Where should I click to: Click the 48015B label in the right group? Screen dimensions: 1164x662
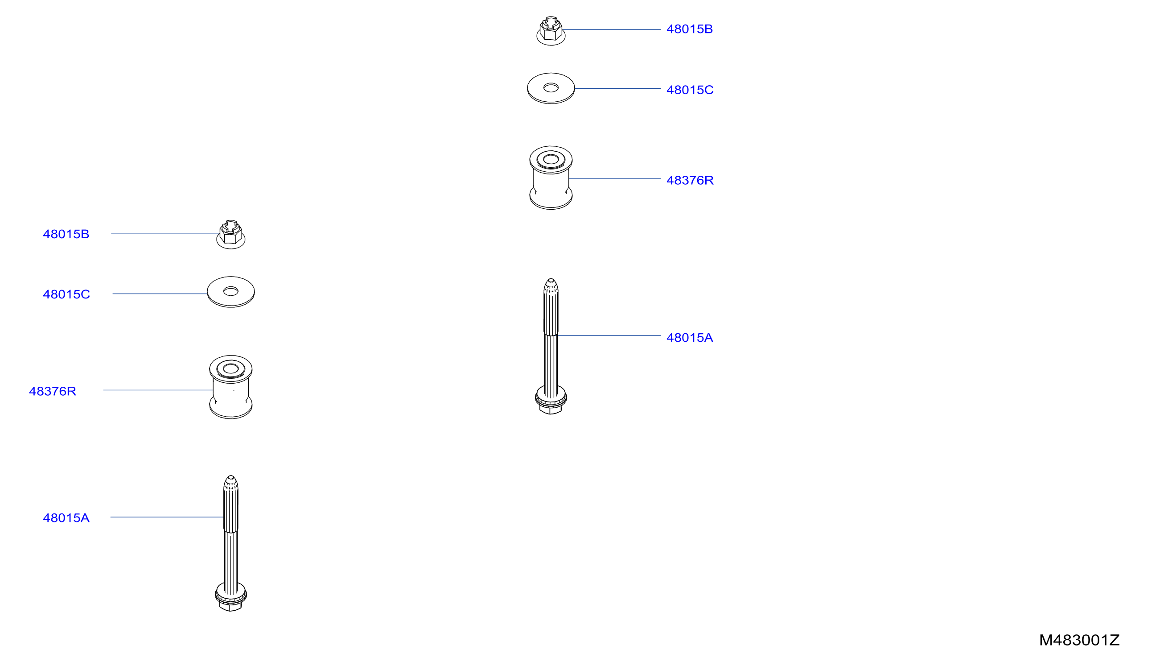click(x=689, y=29)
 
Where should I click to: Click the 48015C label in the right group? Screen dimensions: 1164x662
click(x=690, y=90)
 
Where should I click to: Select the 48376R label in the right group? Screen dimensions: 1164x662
click(x=690, y=181)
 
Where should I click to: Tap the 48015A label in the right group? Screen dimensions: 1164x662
click(x=689, y=338)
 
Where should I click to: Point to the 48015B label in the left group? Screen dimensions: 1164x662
click(x=66, y=234)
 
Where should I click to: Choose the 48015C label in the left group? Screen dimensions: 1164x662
click(x=66, y=294)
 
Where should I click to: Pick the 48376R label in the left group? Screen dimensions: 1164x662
click(x=52, y=392)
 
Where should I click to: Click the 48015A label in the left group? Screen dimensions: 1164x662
click(x=66, y=518)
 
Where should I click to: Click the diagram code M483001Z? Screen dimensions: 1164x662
click(x=1079, y=640)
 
